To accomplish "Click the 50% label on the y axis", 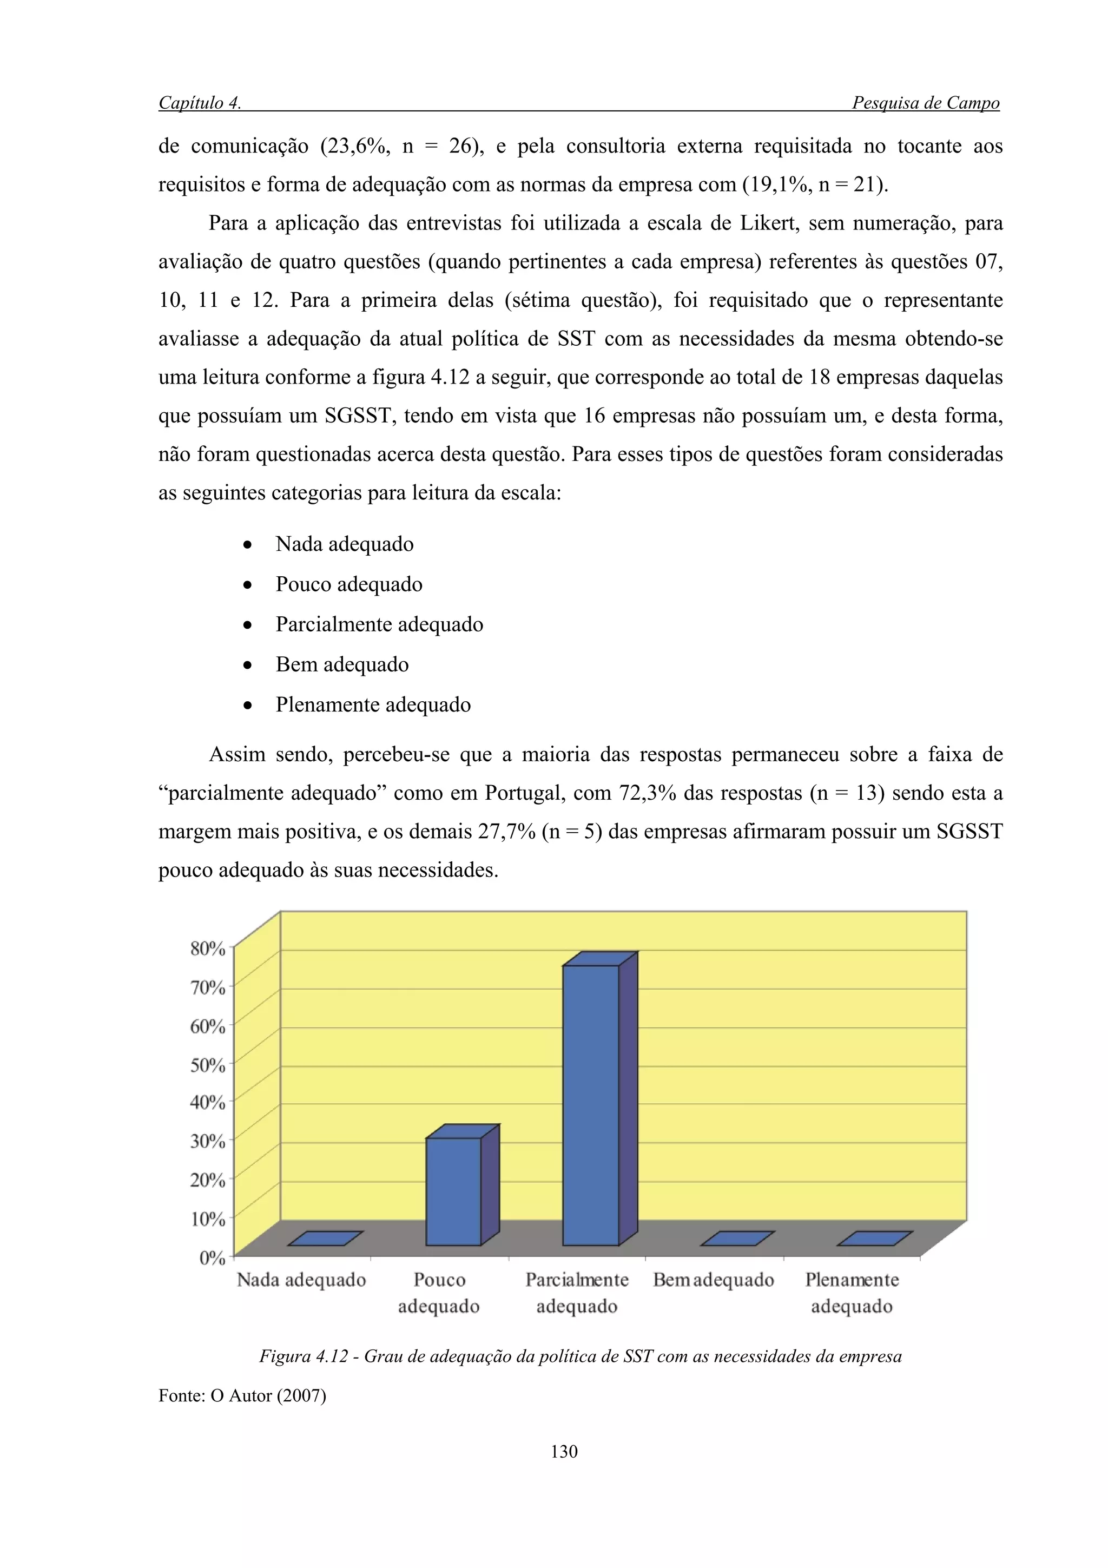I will [208, 1065].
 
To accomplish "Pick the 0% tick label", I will [212, 1258].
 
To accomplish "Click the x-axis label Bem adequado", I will [714, 1280].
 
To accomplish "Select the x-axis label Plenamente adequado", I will [852, 1292].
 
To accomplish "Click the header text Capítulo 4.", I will [199, 103].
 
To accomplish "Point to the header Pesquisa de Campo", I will [925, 103].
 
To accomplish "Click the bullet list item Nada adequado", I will [344, 544].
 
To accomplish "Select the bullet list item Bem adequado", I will [342, 664].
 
